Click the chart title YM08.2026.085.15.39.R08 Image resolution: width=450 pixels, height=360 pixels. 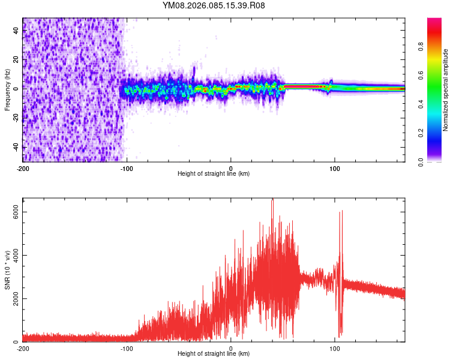[214, 6]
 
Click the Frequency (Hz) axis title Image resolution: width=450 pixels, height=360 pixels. [7, 89]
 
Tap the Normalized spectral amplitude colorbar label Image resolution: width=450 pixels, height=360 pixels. [445, 89]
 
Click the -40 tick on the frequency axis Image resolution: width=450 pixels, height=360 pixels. [15, 146]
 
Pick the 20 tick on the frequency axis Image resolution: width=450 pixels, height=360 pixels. [16, 59]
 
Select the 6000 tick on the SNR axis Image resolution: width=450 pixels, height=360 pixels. [16, 212]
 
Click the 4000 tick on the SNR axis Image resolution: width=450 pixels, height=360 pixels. [16, 255]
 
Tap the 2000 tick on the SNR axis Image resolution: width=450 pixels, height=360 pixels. [16, 298]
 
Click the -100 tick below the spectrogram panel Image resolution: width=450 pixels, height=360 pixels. [127, 168]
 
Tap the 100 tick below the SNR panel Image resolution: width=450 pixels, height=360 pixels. [335, 348]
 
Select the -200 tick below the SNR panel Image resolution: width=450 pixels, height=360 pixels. [23, 348]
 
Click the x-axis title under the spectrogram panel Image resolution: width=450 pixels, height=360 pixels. [214, 174]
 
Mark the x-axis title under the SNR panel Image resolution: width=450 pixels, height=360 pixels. [214, 354]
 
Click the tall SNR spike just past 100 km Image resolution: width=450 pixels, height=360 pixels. [341, 212]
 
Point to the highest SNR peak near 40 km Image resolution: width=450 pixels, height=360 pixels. [272, 202]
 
